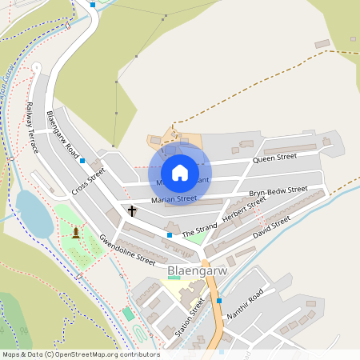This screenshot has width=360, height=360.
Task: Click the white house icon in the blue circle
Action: point(180,172)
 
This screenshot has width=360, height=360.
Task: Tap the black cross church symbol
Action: point(132,211)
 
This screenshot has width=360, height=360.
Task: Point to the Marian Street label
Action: point(174,198)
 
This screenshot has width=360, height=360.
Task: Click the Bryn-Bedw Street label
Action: point(278,192)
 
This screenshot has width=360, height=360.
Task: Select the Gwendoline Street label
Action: point(126,250)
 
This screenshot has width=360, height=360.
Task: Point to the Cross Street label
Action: point(88,182)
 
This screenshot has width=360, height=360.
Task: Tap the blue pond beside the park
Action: point(33,211)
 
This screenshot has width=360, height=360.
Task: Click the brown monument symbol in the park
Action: point(76,233)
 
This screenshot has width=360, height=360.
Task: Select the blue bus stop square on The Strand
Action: point(169,234)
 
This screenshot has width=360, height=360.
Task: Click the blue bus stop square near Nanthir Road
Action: point(218,301)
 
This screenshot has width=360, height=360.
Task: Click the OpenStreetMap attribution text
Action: point(80,354)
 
